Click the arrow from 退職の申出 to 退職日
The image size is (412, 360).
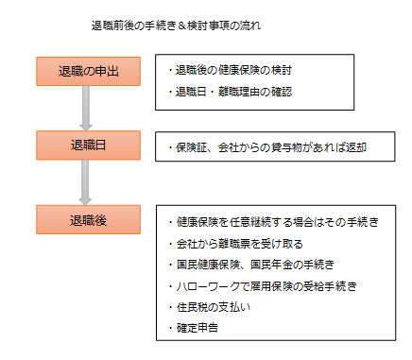[86, 107]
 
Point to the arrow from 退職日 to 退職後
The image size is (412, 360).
[86, 181]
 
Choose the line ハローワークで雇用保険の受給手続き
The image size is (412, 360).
[266, 284]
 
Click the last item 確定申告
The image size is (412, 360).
[201, 328]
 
